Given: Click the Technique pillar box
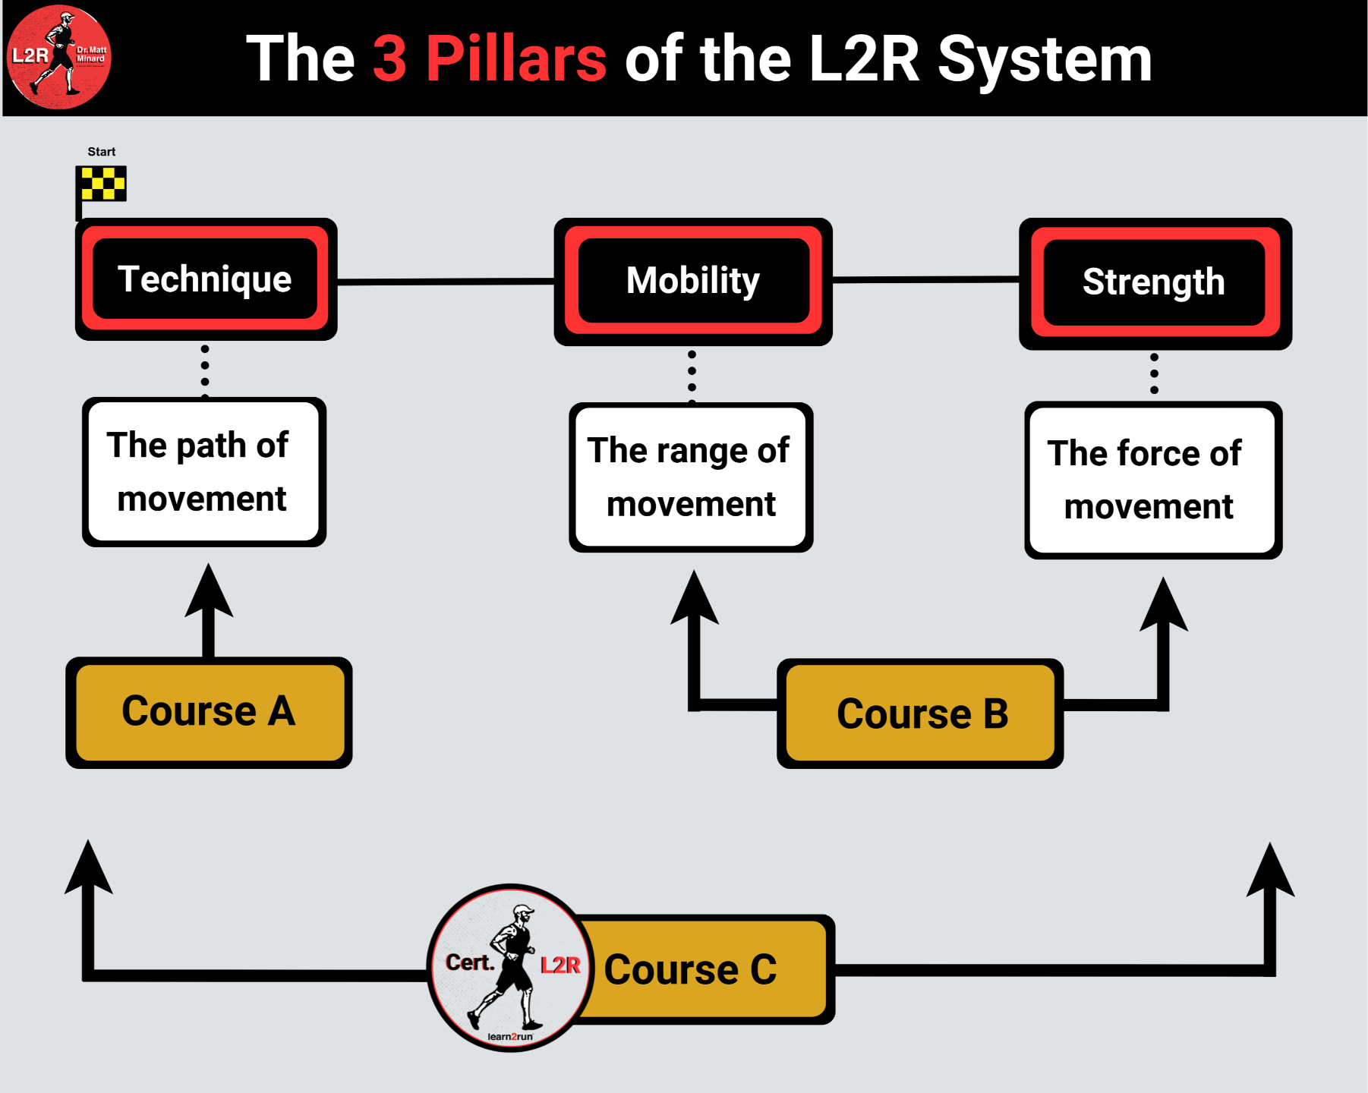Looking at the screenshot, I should pos(206,279).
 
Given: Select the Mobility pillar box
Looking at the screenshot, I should pos(692,281).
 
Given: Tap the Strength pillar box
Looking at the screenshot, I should pos(1154,282).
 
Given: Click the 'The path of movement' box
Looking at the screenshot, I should pos(203,471).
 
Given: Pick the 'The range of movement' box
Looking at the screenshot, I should pos(691,477).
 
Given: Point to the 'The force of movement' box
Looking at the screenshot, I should pos(1152,480).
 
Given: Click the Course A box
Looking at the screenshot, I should pos(209,712).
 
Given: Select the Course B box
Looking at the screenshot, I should pos(920,713).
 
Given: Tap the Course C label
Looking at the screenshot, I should pos(691,970).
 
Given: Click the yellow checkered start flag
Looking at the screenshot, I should pos(103,184).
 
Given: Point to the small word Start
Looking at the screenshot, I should pos(102,152).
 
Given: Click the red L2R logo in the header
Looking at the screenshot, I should pos(59,57).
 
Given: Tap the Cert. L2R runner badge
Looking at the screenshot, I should pos(510,968).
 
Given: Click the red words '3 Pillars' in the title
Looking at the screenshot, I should pos(490,58).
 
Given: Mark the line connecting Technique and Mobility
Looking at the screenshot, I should pos(446,282).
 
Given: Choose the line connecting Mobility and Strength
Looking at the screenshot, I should pos(925,280).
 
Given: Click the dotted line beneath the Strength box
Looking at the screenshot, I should pos(1154,373).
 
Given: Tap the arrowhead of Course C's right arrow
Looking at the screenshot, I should pos(1270,871).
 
